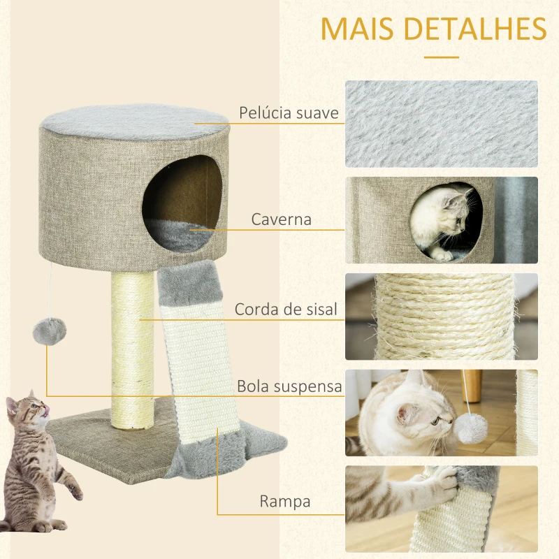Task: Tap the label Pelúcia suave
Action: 289,113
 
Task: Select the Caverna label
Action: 282,220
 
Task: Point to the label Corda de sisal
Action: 286,309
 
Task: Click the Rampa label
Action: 284,501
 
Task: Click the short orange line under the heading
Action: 441,58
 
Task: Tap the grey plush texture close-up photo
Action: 441,124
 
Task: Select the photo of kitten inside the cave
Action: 441,220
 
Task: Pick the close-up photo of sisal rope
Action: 441,317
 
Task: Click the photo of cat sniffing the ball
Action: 441,413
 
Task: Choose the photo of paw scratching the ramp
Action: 441,509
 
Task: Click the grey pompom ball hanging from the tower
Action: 49,328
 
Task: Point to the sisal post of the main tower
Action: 133,349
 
